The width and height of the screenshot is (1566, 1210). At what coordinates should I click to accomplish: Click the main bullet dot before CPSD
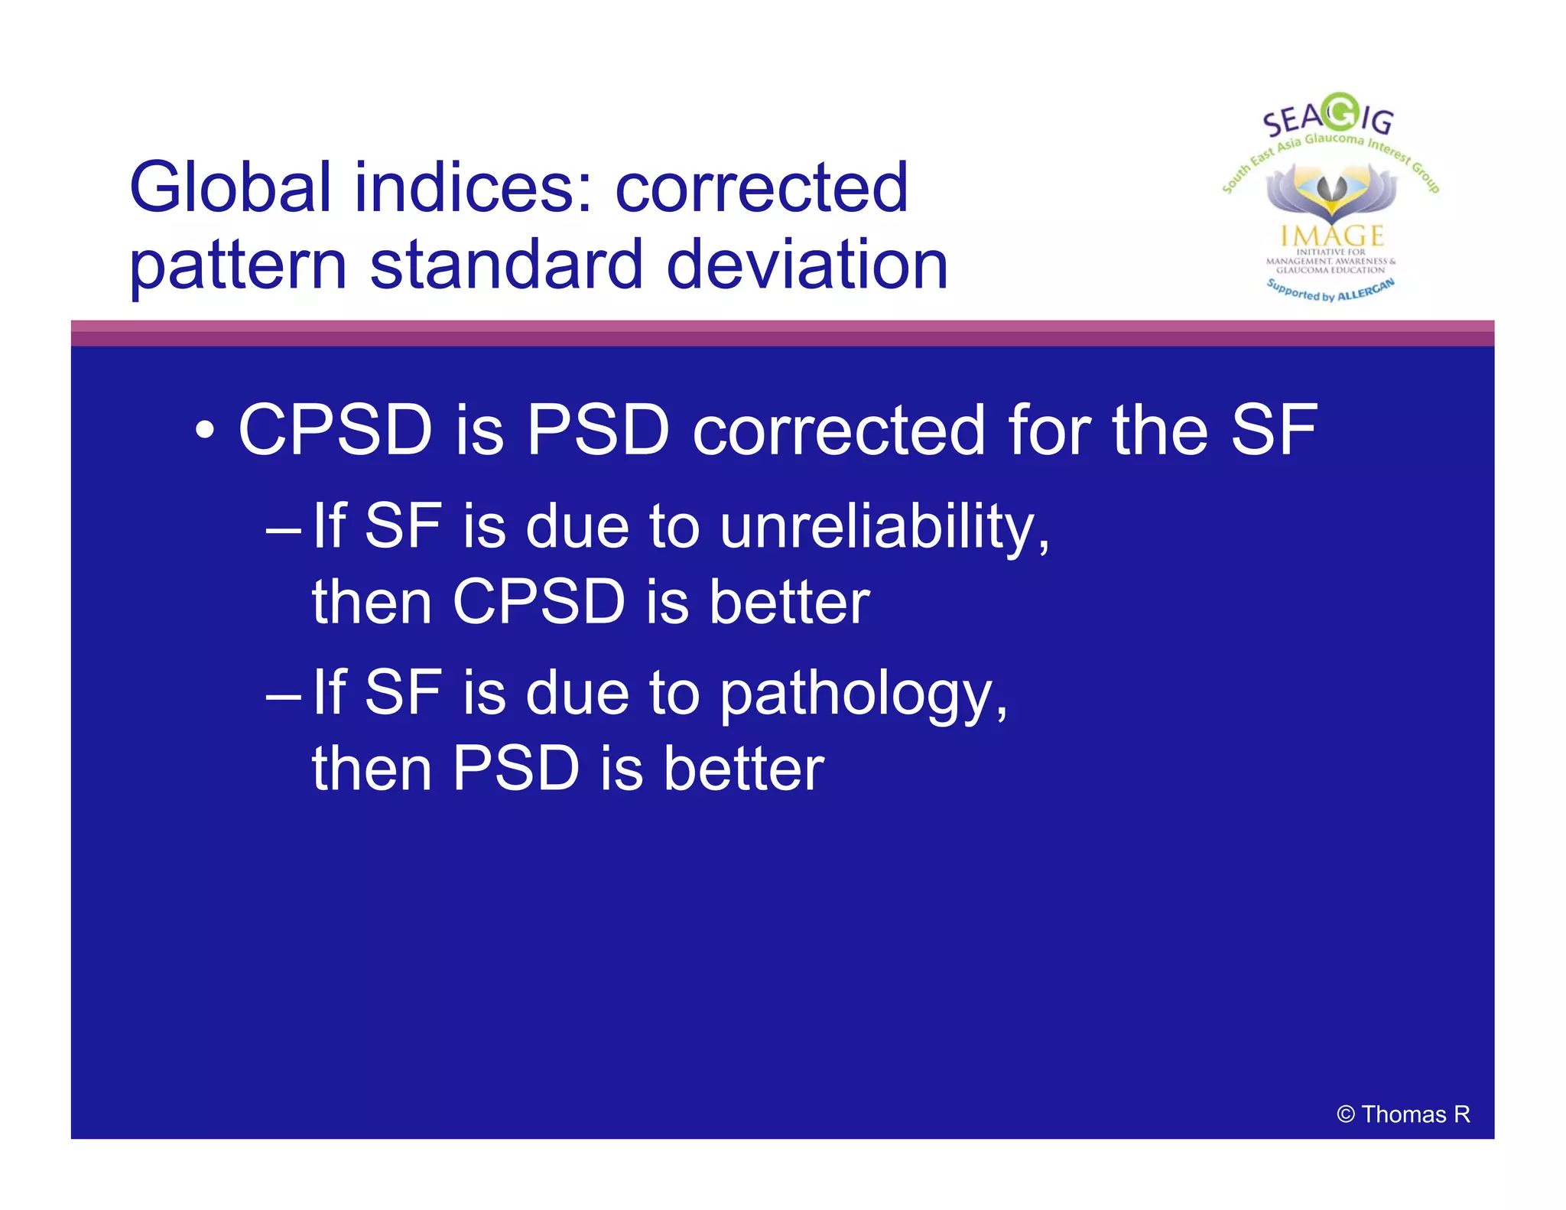pos(204,431)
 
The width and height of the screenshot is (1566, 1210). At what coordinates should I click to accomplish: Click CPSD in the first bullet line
pos(335,431)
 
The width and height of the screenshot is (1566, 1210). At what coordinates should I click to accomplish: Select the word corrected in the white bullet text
pos(838,431)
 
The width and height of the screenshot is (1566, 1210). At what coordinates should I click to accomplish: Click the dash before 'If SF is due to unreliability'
pos(282,529)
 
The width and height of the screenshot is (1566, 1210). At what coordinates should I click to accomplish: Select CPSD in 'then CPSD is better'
pos(539,603)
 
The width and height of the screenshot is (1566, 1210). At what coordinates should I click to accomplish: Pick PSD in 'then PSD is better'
pos(516,769)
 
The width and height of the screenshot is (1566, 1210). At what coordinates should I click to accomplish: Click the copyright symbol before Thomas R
pos(1345,1114)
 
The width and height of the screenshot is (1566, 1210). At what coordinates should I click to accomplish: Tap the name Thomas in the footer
pos(1403,1114)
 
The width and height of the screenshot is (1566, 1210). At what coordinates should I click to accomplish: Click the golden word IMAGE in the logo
pos(1332,235)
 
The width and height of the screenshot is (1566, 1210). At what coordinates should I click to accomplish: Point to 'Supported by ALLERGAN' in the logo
pos(1330,291)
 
